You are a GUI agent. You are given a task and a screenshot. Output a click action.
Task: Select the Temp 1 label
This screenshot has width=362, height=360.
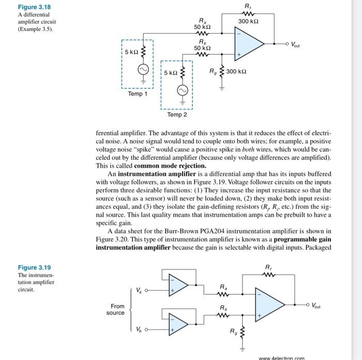click(138, 94)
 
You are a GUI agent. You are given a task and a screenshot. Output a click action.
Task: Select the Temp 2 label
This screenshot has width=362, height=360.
click(177, 114)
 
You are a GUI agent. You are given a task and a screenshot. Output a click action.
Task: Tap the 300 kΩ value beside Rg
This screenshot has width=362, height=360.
click(237, 71)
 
